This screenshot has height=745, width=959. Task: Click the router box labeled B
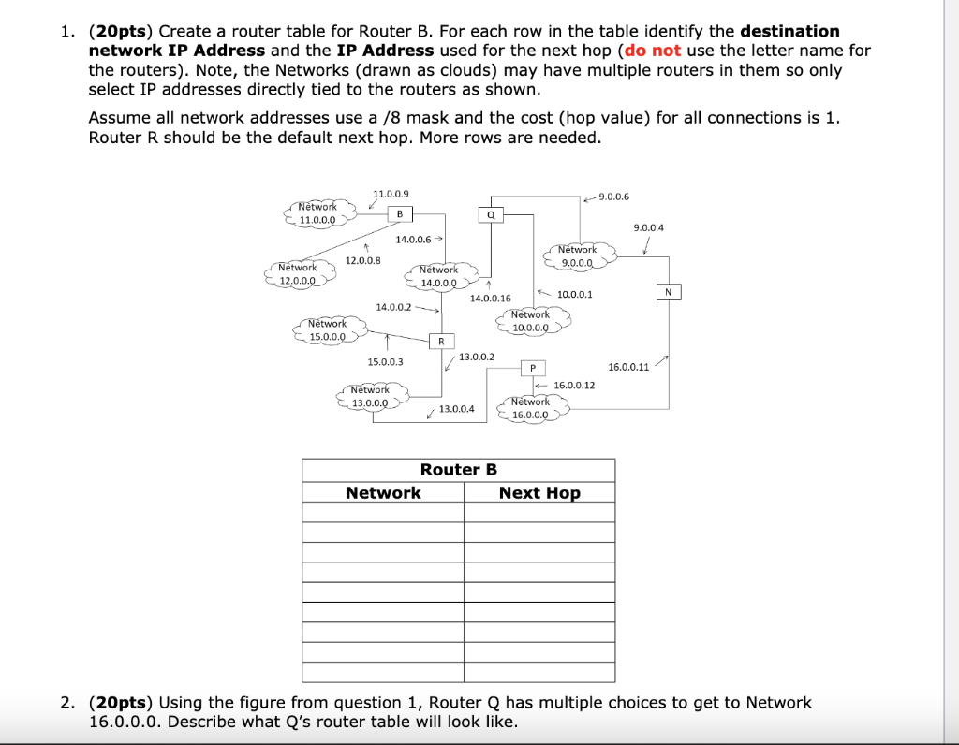tap(400, 214)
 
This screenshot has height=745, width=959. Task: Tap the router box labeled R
tap(440, 341)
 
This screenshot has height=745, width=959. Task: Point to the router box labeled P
tap(532, 368)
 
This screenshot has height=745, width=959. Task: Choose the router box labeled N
tap(668, 292)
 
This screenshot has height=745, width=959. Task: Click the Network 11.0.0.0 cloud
tap(318, 213)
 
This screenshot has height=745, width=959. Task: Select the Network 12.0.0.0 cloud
tap(298, 273)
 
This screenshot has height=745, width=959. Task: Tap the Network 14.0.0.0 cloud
tap(438, 276)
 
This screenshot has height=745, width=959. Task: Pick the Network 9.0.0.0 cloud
tap(577, 256)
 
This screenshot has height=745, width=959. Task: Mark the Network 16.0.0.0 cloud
tap(530, 408)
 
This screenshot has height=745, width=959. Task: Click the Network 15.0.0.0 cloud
tap(327, 329)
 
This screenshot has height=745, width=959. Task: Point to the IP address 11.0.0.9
tap(391, 193)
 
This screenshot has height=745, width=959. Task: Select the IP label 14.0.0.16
tap(491, 299)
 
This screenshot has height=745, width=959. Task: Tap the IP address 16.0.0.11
tap(628, 367)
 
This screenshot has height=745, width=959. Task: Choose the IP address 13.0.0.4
tap(457, 409)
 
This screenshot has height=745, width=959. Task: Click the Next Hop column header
tap(539, 493)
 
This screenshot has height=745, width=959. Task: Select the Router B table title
tap(458, 469)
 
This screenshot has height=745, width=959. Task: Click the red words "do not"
tap(655, 51)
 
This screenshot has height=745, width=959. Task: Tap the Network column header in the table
tap(383, 493)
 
